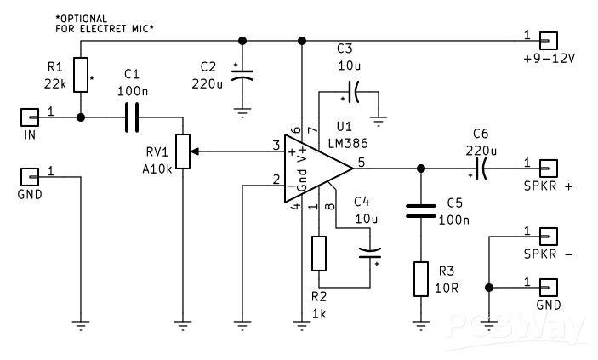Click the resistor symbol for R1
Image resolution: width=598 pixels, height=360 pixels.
(80, 75)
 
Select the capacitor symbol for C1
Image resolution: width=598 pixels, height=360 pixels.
(131, 117)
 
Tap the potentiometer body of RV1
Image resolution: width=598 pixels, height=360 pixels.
(181, 152)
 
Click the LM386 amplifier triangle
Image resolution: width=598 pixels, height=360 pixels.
(315, 167)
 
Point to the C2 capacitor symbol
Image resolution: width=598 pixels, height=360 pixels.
(243, 75)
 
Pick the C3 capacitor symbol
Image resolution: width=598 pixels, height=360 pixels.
(353, 90)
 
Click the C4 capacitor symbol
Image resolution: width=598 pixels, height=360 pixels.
(370, 252)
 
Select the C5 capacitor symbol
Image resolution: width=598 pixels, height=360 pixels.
(419, 211)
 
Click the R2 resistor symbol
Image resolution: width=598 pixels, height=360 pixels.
(319, 253)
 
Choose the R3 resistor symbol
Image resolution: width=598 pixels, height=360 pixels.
(419, 279)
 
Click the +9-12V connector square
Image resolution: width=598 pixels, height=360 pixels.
(550, 39)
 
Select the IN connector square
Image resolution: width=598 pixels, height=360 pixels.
(30, 117)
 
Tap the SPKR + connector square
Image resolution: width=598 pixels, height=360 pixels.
(550, 167)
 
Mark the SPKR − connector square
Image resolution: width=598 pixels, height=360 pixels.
(550, 236)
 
